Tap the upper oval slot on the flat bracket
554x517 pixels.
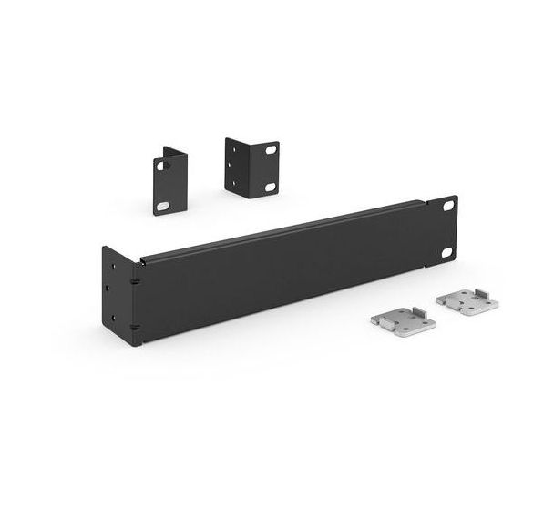[160, 167]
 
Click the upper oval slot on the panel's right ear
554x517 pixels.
[447, 206]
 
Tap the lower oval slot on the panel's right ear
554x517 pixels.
[446, 252]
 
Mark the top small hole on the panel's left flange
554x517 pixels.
[113, 267]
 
